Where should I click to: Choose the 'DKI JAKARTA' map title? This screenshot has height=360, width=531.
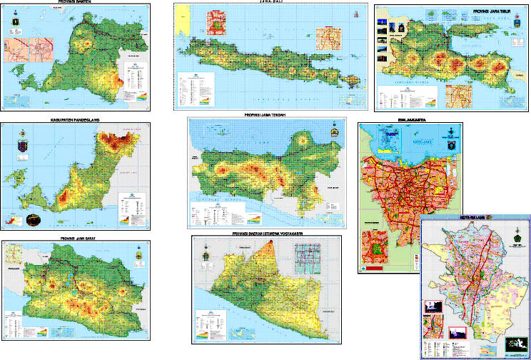412,121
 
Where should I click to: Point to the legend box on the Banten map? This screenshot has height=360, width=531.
136,79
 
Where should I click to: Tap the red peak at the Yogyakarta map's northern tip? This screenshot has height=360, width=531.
274,247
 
